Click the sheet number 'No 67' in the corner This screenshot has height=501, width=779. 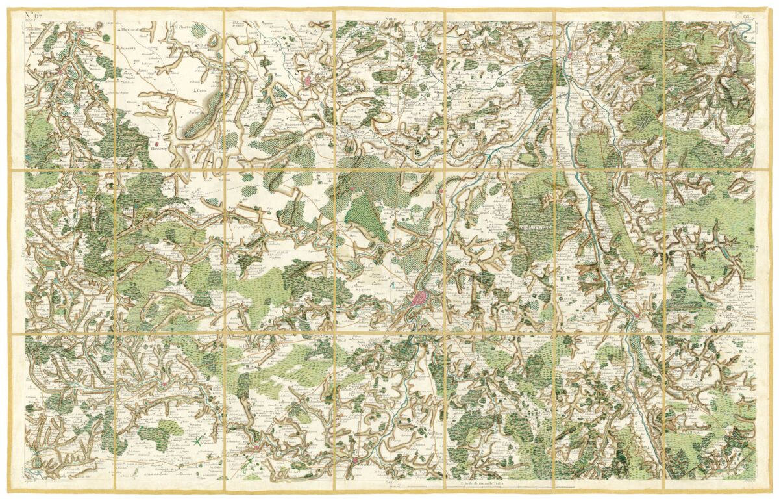[33, 15]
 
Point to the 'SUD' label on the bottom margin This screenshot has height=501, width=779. [389, 482]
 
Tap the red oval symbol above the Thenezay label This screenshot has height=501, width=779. [156, 138]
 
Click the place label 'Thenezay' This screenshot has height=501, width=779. [159, 148]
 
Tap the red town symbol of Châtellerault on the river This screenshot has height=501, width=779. [570, 56]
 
